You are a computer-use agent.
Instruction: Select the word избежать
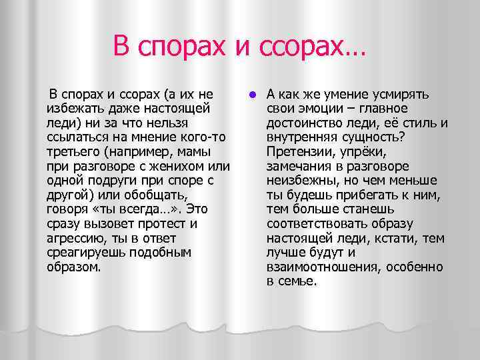point(75,108)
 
